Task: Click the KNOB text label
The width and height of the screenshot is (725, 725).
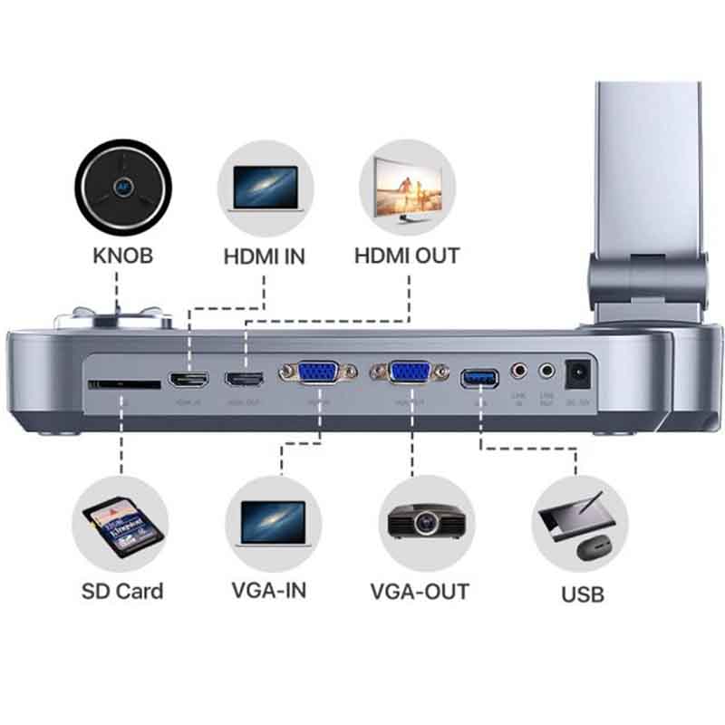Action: [122, 256]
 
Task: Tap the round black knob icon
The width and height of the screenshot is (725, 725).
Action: [122, 187]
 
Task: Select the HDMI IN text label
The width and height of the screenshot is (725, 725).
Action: [265, 256]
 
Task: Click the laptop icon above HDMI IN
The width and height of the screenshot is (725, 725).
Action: [265, 188]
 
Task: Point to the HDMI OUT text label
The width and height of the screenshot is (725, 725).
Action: [407, 256]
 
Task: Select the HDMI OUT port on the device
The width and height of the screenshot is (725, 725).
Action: [244, 379]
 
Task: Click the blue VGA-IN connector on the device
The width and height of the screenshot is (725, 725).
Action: [314, 373]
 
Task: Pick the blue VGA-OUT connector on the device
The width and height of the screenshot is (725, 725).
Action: [411, 372]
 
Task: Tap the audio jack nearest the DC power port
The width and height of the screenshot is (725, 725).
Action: [546, 371]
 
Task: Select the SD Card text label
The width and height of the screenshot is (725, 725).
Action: [122, 592]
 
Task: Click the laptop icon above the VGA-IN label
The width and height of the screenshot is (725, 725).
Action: [273, 524]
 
